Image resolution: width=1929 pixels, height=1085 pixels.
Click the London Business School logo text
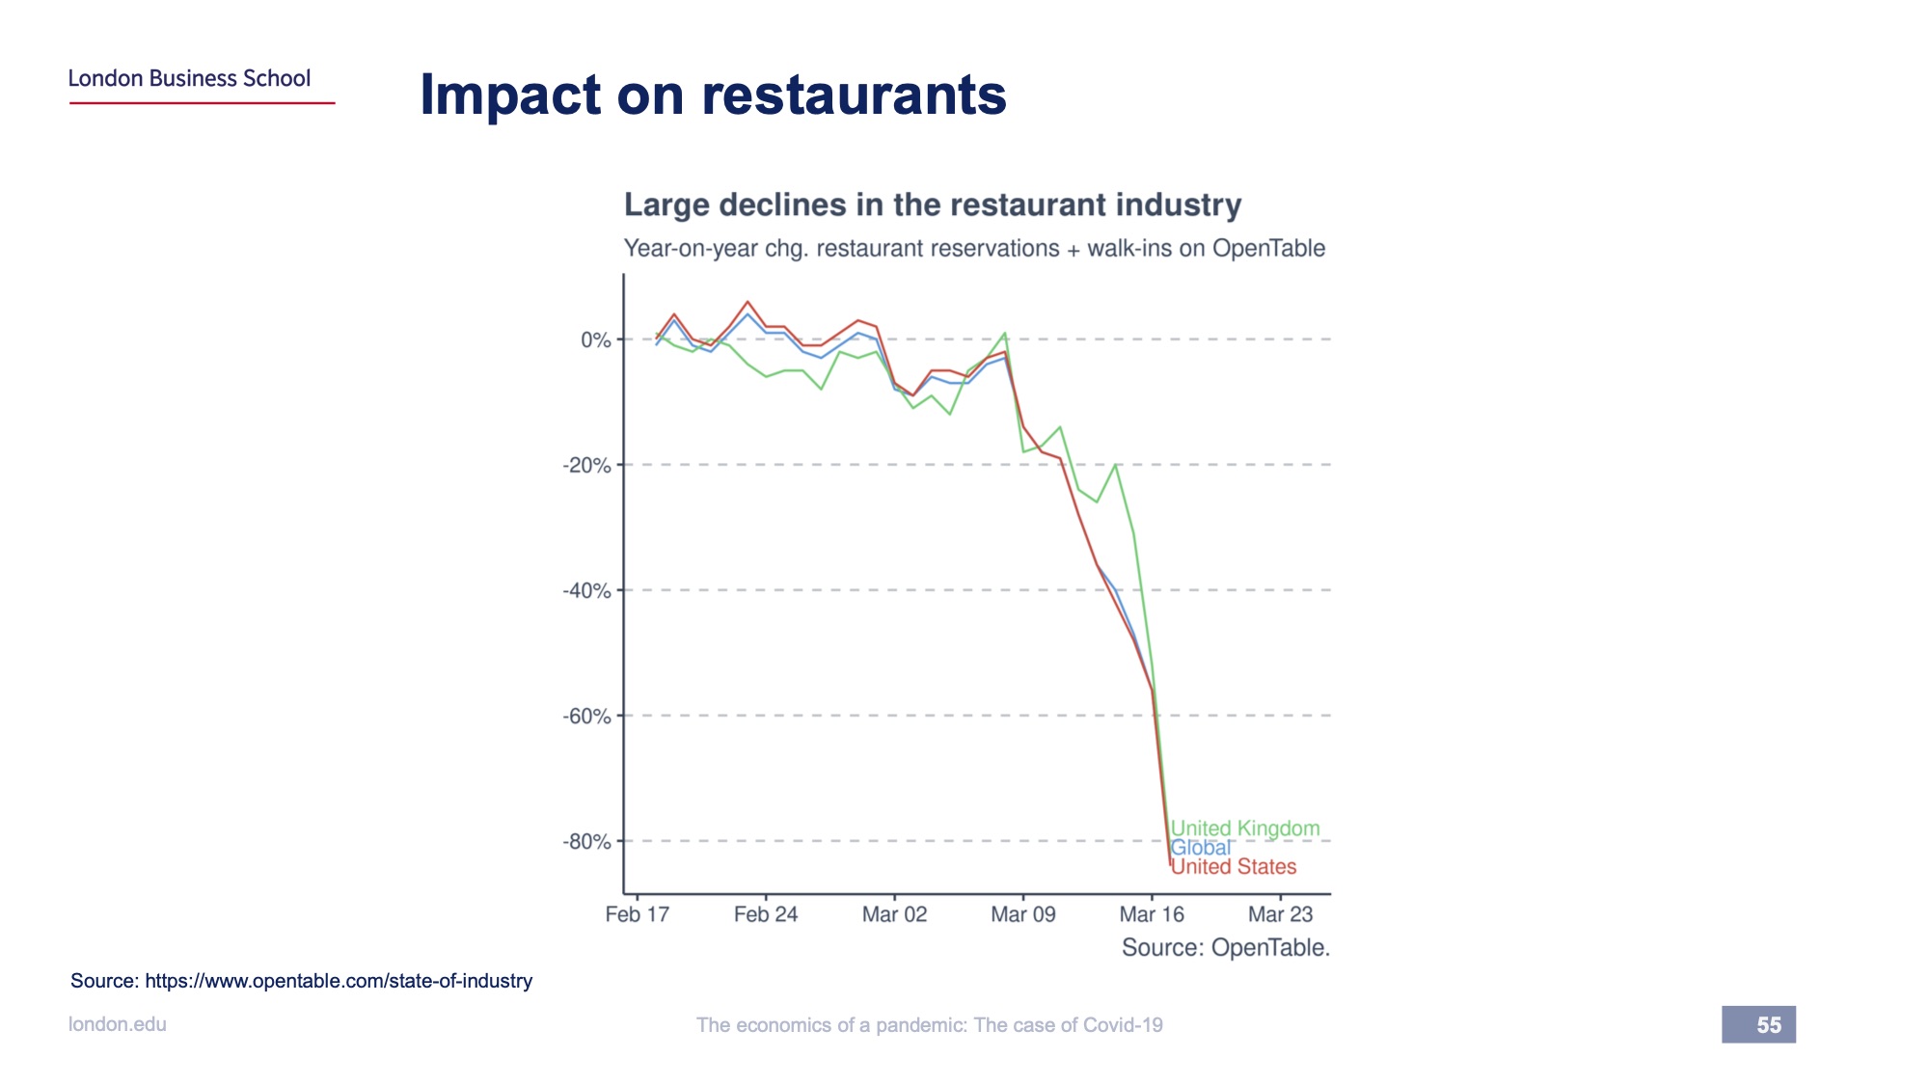click(x=189, y=78)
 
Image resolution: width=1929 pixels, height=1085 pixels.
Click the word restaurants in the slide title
click(x=854, y=95)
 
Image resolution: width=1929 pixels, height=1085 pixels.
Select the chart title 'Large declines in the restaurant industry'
click(x=932, y=204)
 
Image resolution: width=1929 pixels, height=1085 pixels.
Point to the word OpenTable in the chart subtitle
click(x=1268, y=249)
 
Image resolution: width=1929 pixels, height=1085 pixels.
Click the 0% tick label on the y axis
click(x=595, y=340)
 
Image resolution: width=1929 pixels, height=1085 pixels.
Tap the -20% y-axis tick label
click(x=586, y=466)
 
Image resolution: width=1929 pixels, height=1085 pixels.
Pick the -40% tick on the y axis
click(x=586, y=591)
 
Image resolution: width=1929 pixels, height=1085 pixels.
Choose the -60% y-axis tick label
click(x=586, y=717)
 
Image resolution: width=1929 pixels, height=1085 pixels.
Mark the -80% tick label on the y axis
click(x=586, y=842)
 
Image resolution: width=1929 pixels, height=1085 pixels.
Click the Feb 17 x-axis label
click(x=637, y=914)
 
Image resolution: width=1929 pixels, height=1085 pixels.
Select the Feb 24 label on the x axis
click(x=766, y=914)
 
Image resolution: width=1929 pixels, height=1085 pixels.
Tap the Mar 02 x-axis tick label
click(x=894, y=914)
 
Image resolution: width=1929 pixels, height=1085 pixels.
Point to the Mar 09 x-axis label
click(x=1023, y=914)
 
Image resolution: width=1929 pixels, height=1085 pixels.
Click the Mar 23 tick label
click(x=1280, y=914)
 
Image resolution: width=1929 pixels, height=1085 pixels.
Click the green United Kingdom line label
click(x=1245, y=828)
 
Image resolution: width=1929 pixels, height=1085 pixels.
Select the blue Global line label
click(x=1201, y=848)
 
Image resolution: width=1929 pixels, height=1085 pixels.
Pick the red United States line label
click(x=1235, y=867)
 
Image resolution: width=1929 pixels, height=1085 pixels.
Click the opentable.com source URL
click(x=339, y=981)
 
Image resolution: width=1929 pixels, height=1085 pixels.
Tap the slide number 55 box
click(x=1758, y=1024)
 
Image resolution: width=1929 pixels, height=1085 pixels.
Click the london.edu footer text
click(x=118, y=1024)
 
